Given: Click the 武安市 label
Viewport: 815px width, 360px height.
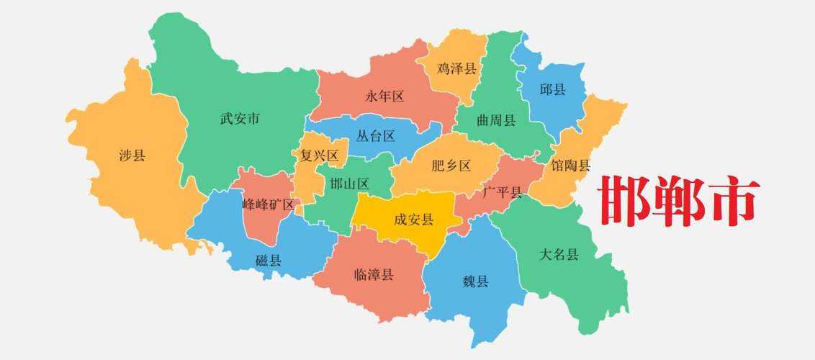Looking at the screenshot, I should (x=240, y=119).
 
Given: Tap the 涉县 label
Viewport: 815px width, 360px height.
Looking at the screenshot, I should (x=132, y=155).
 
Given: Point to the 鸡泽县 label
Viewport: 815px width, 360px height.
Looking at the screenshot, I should (x=456, y=69).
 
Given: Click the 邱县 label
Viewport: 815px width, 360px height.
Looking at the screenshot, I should (x=552, y=90).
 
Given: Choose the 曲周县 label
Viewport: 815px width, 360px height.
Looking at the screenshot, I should (x=496, y=120).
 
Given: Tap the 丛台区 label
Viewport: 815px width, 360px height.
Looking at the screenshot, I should (x=376, y=135).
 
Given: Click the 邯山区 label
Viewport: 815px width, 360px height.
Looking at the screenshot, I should (x=349, y=184).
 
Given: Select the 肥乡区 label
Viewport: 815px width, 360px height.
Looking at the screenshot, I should (x=451, y=166).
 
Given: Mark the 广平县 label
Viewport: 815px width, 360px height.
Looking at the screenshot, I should (x=503, y=192).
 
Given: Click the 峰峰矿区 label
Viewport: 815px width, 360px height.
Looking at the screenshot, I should (x=269, y=204).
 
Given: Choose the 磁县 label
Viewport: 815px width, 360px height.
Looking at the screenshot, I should (x=269, y=261).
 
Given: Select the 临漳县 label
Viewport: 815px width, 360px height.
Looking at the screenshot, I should (x=374, y=274).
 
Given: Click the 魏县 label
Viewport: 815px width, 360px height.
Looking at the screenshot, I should (x=475, y=282).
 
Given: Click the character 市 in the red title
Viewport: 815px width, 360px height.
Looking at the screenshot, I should (x=733, y=201).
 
